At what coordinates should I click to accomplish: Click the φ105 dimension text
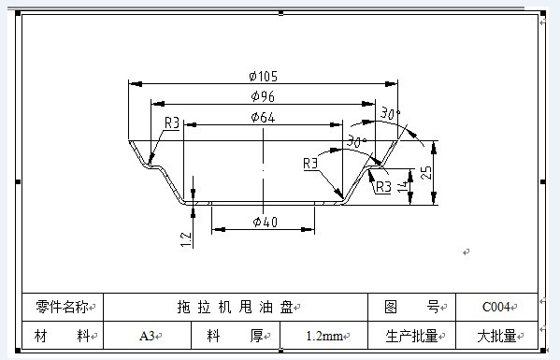click(x=264, y=76)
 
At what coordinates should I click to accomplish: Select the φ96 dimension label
click(x=264, y=96)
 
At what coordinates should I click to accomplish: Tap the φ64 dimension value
click(x=263, y=117)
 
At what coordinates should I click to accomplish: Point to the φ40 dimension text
click(x=265, y=222)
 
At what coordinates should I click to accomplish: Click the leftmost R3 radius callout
click(x=172, y=122)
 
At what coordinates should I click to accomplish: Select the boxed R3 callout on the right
click(x=383, y=187)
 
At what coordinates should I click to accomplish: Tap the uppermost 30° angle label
click(x=390, y=113)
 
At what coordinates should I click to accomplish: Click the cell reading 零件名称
click(x=62, y=307)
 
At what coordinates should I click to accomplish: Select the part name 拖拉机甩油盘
click(x=235, y=307)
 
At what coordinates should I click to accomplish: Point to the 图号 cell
click(x=411, y=307)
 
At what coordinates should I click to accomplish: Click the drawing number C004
click(x=495, y=307)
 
